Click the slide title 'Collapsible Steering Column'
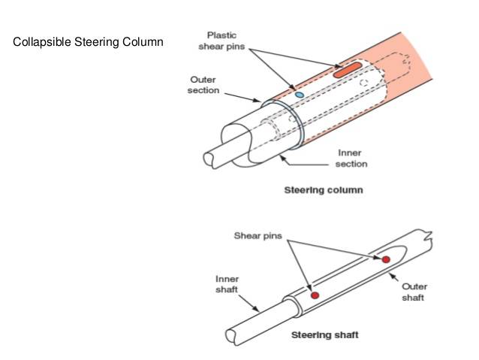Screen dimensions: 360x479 (x=88, y=41)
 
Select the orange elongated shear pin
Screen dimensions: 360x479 (x=348, y=72)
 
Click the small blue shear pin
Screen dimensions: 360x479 (x=299, y=95)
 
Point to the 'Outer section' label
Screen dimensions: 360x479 (x=203, y=84)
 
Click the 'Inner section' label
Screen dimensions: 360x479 (x=351, y=159)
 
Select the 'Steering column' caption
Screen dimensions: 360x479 (x=323, y=190)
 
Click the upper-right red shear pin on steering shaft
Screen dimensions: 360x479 (x=386, y=259)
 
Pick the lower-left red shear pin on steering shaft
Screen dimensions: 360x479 (x=315, y=295)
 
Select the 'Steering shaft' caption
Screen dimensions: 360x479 (x=324, y=334)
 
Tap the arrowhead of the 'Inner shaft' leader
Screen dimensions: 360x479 (x=258, y=310)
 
